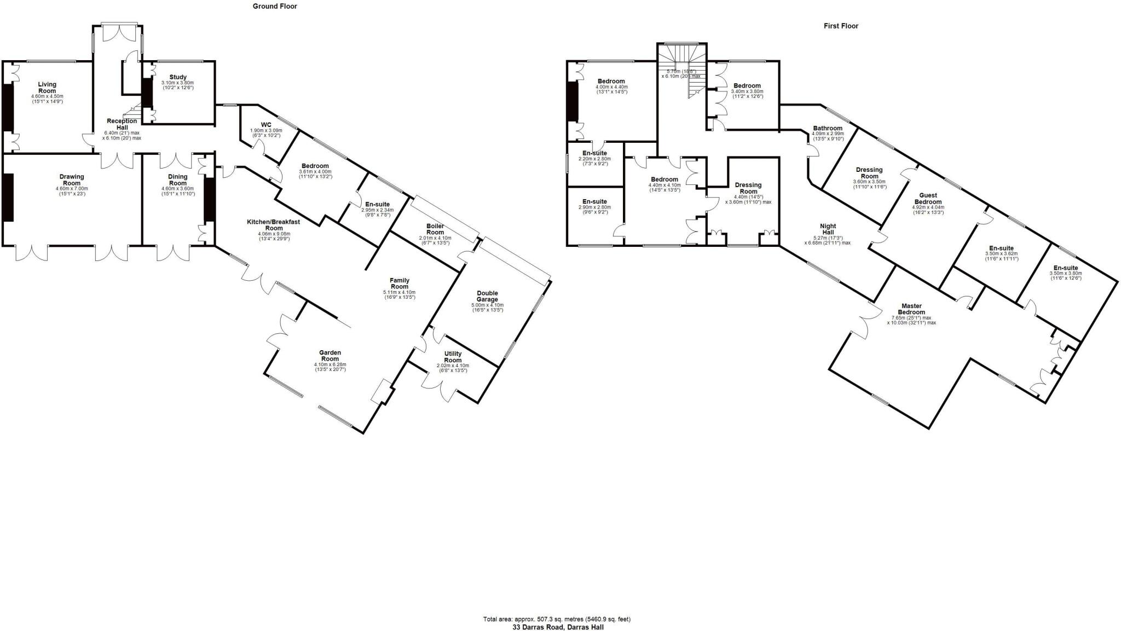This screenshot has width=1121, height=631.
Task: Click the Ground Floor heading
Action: point(275,7)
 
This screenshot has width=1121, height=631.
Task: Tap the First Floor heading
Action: point(841,26)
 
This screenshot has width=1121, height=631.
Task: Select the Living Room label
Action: point(47,88)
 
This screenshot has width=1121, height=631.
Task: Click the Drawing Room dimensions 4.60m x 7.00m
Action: point(72,188)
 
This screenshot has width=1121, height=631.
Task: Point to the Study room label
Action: point(178,77)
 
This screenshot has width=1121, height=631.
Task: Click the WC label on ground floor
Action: point(266,125)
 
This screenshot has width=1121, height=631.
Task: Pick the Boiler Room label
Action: point(435,229)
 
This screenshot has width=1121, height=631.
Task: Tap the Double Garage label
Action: point(487,296)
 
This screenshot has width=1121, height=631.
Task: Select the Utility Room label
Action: point(453,357)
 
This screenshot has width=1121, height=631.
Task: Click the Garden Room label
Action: point(330,356)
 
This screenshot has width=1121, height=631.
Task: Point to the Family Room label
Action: point(399,283)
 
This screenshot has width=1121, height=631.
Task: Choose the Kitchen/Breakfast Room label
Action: point(274,224)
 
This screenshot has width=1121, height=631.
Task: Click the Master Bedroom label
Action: point(911,309)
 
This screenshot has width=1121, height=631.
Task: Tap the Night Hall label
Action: point(828,229)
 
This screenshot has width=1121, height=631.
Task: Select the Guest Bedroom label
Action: point(928,198)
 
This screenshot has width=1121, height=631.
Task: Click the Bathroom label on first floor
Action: point(828,128)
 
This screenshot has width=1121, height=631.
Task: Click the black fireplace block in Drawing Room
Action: point(8,197)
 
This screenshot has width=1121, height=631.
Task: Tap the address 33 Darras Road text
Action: point(558,627)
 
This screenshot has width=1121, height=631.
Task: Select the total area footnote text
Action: point(557,620)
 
